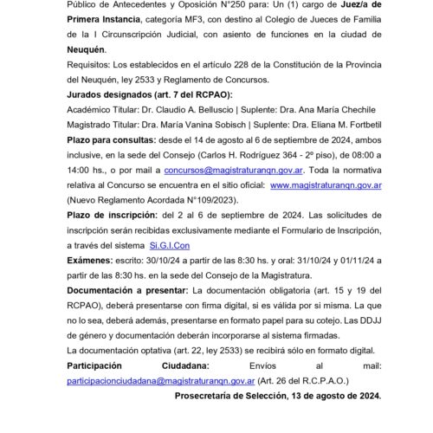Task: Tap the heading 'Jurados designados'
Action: click(96, 94)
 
